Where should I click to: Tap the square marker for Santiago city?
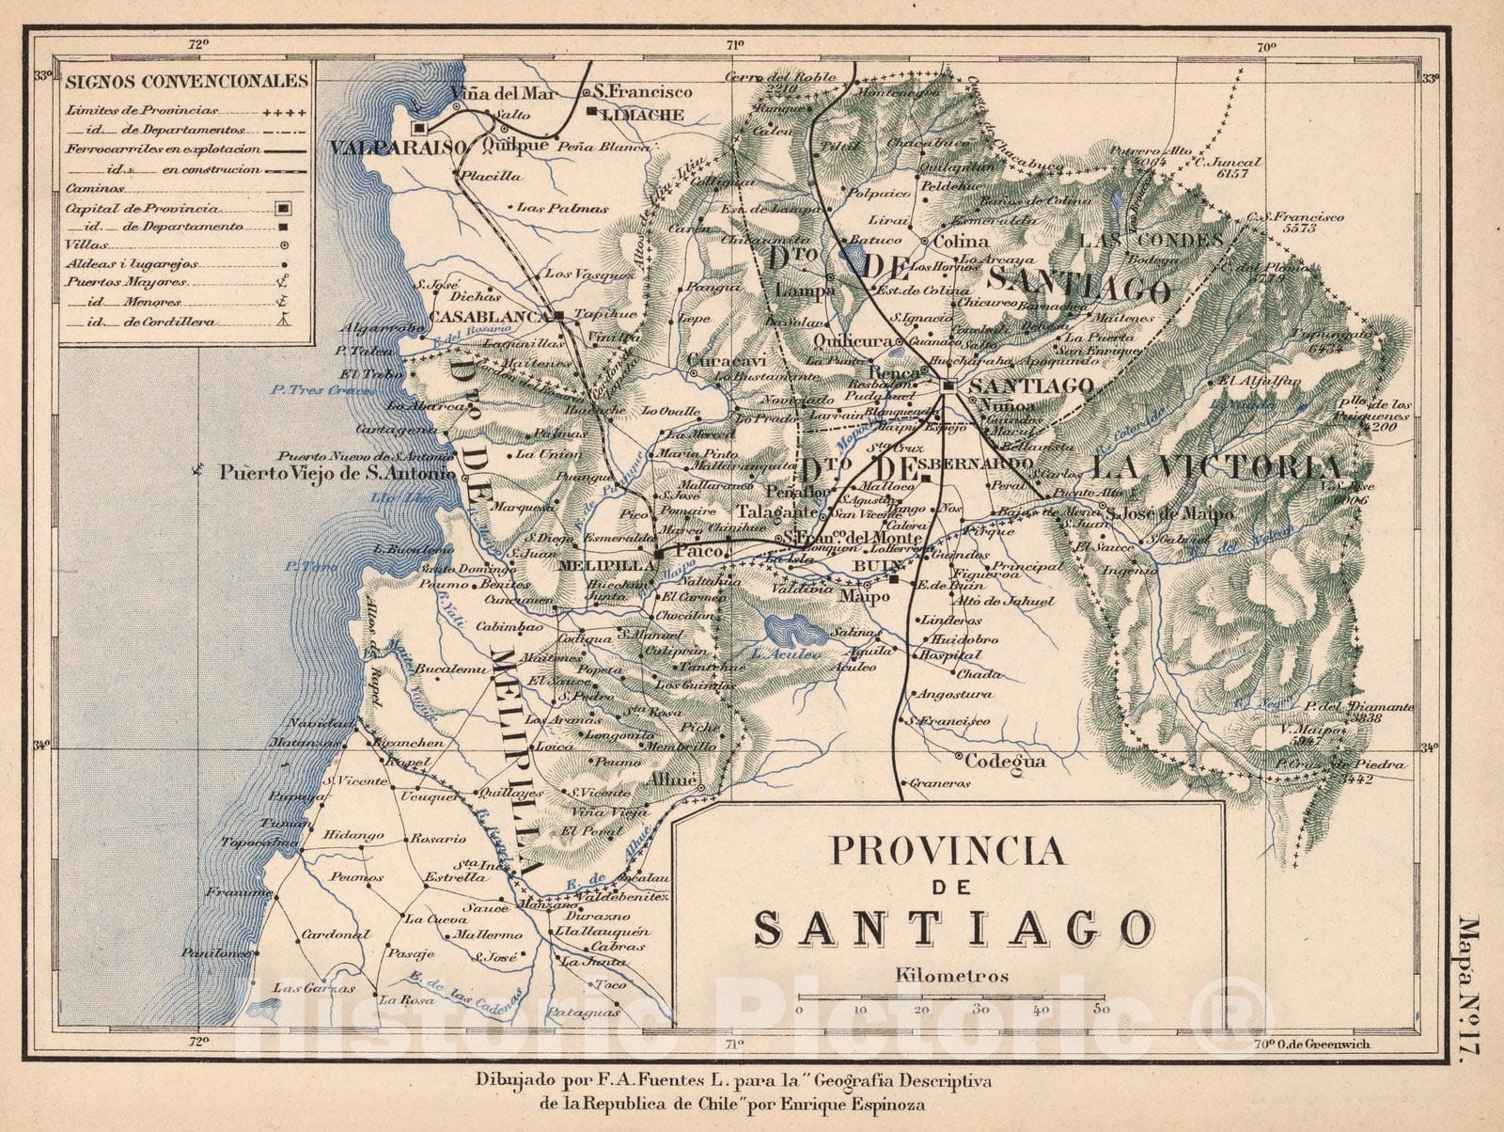(x=948, y=385)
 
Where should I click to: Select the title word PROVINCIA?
(x=947, y=851)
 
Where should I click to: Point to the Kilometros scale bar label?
(x=952, y=975)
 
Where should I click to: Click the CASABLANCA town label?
(x=489, y=317)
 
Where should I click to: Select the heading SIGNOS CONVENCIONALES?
(x=186, y=80)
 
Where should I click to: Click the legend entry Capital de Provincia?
(x=143, y=208)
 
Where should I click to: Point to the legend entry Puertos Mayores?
(x=127, y=281)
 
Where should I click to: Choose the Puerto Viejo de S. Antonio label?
(x=337, y=473)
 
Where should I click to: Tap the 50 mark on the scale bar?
(x=1102, y=1009)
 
